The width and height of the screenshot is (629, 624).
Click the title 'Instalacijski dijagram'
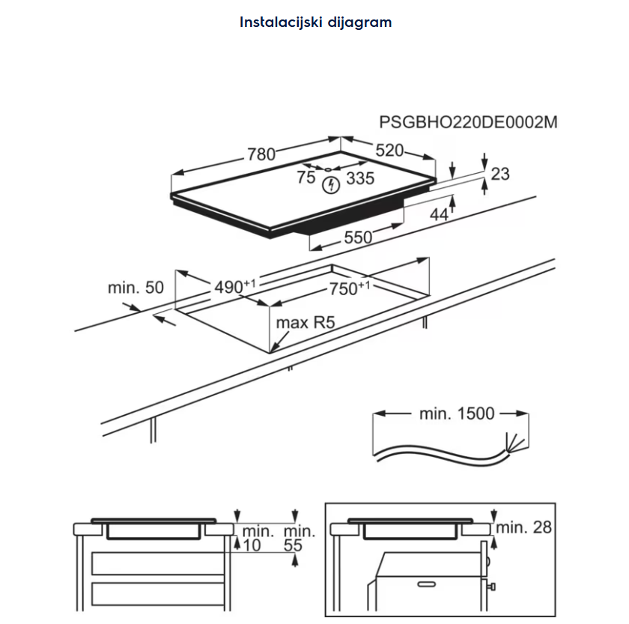pyautogui.click(x=315, y=22)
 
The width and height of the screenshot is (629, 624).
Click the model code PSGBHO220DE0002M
pyautogui.click(x=468, y=123)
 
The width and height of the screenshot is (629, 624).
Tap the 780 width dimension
pyautogui.click(x=261, y=154)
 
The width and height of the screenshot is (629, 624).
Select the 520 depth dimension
pyautogui.click(x=389, y=150)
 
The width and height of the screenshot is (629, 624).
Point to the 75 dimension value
pyautogui.click(x=306, y=178)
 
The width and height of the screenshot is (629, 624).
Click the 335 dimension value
pyautogui.click(x=360, y=178)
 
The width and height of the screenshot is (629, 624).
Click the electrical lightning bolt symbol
pyautogui.click(x=331, y=185)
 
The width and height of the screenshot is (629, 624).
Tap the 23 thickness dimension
pyautogui.click(x=499, y=174)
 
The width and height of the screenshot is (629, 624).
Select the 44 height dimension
pyautogui.click(x=439, y=214)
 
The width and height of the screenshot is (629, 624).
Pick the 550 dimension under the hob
pyautogui.click(x=358, y=237)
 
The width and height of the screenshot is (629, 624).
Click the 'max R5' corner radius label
pyautogui.click(x=304, y=323)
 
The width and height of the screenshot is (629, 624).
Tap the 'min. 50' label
pyautogui.click(x=136, y=287)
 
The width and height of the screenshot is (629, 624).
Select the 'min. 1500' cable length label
pyautogui.click(x=457, y=413)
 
